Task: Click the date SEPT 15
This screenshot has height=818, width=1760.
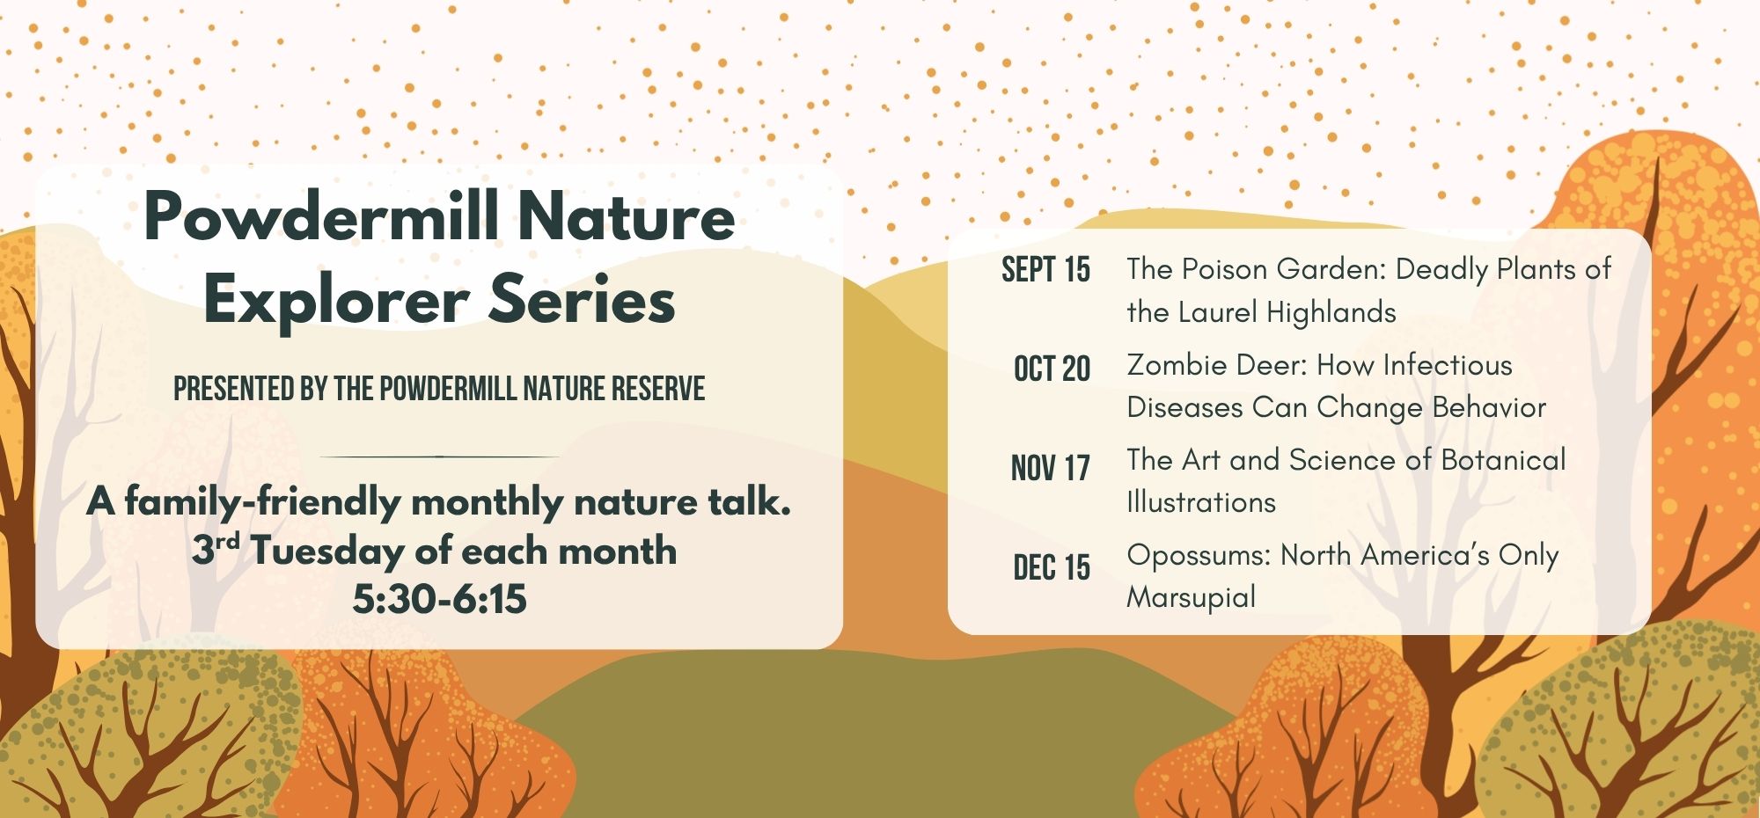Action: click(x=1045, y=270)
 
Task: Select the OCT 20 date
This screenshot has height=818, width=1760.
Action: click(x=1052, y=369)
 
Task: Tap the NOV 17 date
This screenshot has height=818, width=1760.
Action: click(x=1050, y=468)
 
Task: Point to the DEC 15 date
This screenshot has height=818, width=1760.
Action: click(x=1052, y=567)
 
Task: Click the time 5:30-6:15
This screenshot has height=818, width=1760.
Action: click(x=439, y=599)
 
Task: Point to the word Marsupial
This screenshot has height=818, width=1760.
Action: click(x=1192, y=598)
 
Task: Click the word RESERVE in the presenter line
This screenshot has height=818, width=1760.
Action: click(x=658, y=388)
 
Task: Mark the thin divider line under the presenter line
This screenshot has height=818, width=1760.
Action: click(x=439, y=457)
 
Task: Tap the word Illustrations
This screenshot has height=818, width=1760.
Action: click(x=1201, y=502)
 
